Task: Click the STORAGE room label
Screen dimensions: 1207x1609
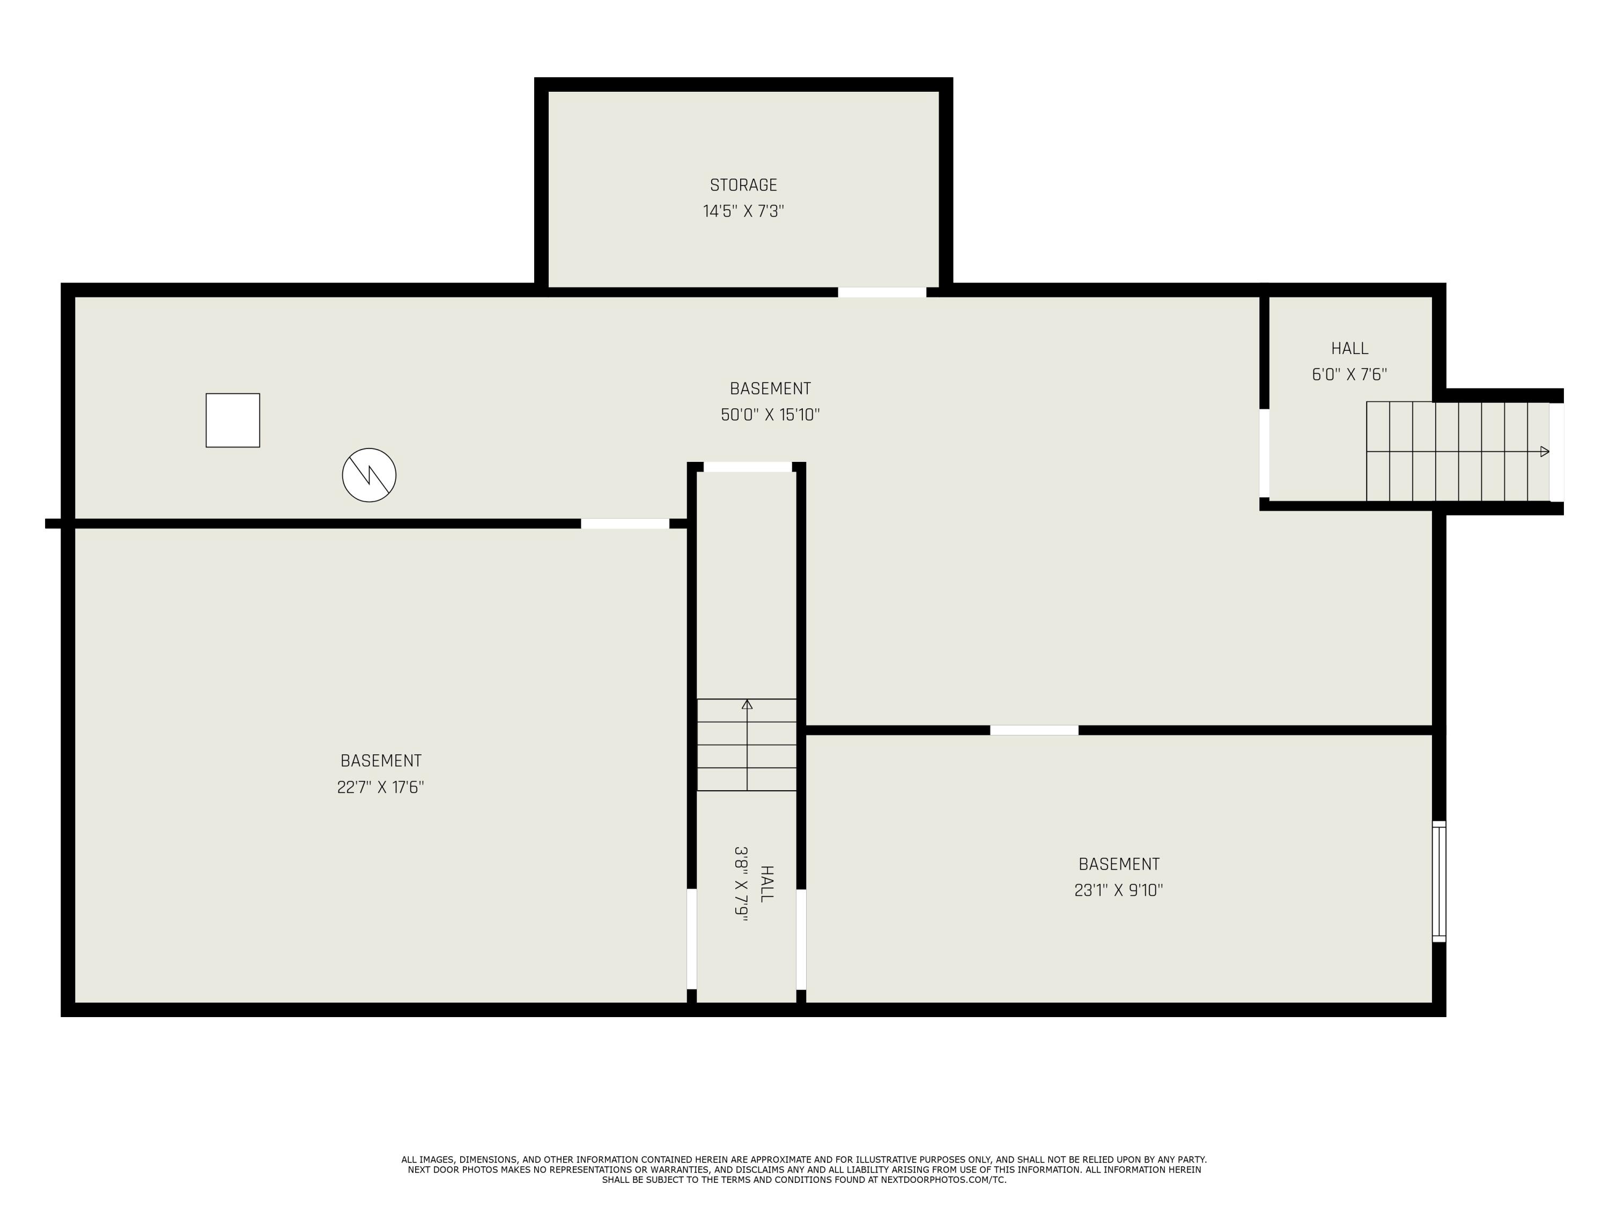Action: tap(743, 185)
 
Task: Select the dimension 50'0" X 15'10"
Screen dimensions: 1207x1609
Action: tap(770, 415)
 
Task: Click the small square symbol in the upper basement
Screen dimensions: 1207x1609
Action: tap(233, 421)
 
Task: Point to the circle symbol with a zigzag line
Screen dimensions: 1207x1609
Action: tap(370, 475)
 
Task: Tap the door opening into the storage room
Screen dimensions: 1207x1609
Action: tap(882, 292)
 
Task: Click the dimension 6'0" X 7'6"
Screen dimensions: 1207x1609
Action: tap(1349, 374)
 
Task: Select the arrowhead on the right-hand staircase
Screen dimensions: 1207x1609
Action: tap(1544, 452)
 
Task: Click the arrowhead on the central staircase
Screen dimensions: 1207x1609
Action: tap(747, 704)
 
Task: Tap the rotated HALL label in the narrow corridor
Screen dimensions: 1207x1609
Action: tap(766, 884)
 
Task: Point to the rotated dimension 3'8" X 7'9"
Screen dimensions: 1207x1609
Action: tap(741, 884)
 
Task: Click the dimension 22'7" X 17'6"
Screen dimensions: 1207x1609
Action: tap(380, 787)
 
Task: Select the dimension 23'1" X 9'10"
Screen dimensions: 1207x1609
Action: tap(1119, 890)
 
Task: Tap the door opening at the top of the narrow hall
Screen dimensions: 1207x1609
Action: tap(747, 467)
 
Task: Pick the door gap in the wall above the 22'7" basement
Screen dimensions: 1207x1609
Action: tap(625, 524)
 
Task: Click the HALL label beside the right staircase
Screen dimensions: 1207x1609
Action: tap(1349, 349)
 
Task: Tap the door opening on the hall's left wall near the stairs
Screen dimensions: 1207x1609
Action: tap(1265, 453)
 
